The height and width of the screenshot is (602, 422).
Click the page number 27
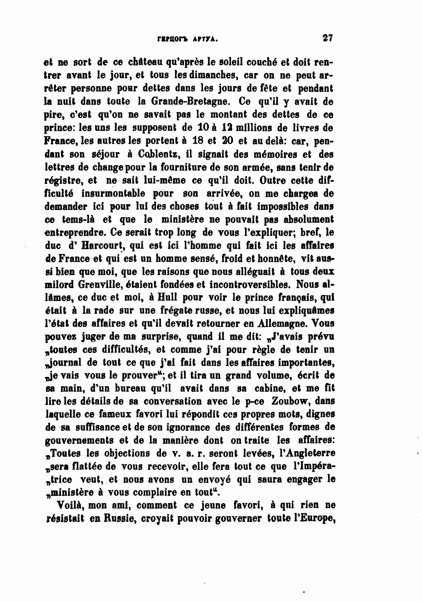tap(328, 38)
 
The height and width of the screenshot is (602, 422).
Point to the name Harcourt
tap(101, 246)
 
